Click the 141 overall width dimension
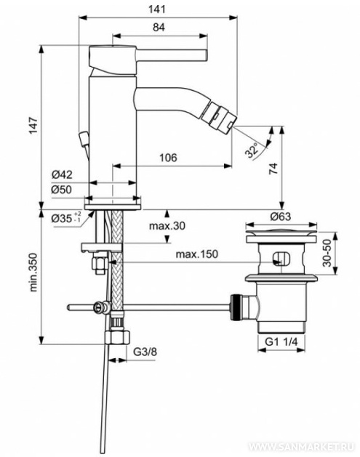pos(157,9)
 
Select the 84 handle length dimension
pos(159,27)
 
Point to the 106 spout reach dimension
pos(168,158)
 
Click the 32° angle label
pos(252,150)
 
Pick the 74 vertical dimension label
pos(273,169)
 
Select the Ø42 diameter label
pos(62,174)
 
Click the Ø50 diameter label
pos(62,190)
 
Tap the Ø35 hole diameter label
pos(66,218)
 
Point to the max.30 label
pos(167,225)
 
